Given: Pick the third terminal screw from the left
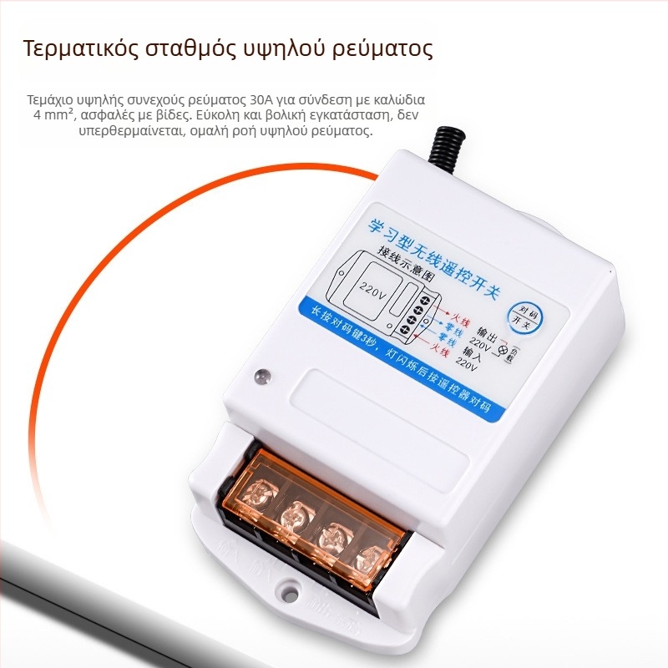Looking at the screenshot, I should [x=331, y=535].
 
